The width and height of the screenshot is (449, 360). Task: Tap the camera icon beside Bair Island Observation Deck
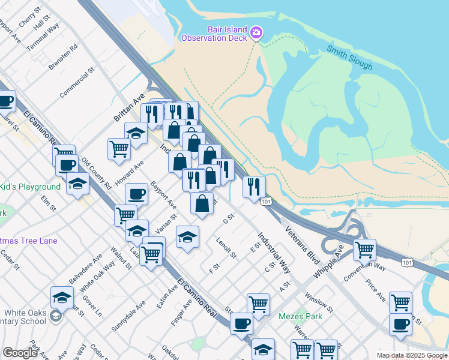click(x=256, y=32)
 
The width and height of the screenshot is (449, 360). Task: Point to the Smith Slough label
click(x=350, y=57)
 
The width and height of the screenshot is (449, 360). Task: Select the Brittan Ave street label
click(x=130, y=107)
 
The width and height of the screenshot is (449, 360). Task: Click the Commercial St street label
click(x=77, y=83)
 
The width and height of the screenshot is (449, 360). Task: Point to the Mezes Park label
click(x=300, y=316)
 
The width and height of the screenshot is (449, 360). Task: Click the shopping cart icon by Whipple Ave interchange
click(x=364, y=249)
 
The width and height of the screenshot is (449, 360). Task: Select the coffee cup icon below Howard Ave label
click(x=136, y=194)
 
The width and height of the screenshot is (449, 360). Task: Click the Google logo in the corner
click(x=20, y=353)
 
